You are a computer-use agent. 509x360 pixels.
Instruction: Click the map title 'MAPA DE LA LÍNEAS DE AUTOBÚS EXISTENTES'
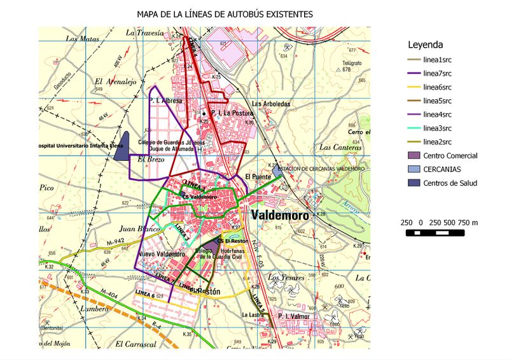click(x=225, y=13)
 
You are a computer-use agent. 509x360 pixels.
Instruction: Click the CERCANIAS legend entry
click(x=445, y=169)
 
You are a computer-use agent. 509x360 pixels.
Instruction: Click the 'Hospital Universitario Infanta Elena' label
click(x=80, y=146)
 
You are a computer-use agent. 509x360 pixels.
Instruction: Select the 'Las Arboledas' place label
click(x=271, y=104)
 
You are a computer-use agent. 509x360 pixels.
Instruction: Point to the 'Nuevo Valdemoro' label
click(x=161, y=254)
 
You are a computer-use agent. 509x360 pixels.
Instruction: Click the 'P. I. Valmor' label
click(x=292, y=316)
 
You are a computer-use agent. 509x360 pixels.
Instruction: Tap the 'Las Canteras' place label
click(x=340, y=147)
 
